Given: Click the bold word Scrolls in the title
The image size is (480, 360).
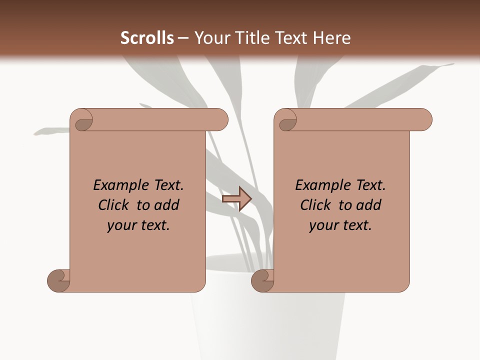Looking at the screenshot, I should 147,38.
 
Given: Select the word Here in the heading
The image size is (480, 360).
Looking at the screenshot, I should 332,38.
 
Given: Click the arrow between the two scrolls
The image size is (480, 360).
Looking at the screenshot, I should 237,198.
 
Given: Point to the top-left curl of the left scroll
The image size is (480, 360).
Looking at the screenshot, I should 83,122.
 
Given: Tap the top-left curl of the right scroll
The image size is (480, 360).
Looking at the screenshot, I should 287,122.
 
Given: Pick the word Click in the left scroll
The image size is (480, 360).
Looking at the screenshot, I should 115,205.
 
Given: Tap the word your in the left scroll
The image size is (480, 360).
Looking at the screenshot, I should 121,225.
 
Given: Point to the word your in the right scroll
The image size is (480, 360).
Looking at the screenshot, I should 323,225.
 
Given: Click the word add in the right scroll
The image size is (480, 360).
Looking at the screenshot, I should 369,205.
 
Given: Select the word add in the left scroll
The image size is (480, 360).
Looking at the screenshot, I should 167,205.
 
